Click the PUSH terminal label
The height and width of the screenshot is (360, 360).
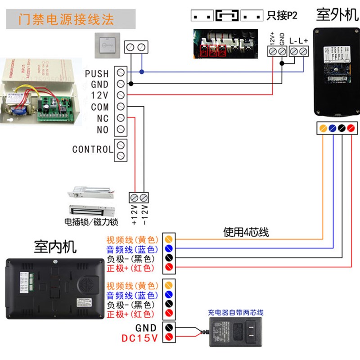[x=97, y=73]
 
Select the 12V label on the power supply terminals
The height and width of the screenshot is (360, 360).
[x=100, y=95]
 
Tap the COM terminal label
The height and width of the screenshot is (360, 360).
[x=100, y=107]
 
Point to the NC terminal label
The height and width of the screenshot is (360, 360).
[x=103, y=119]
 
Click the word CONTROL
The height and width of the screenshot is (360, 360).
[x=92, y=149]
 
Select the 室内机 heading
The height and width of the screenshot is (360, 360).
[x=55, y=246]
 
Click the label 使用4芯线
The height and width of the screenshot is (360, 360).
[x=246, y=232]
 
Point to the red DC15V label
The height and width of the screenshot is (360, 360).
[x=139, y=338]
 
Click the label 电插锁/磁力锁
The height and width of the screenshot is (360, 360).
[x=91, y=221]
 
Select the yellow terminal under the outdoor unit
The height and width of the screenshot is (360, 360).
[x=323, y=128]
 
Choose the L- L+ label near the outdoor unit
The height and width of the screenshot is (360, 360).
[x=298, y=41]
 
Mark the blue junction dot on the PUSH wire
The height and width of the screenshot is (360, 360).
[x=142, y=72]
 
